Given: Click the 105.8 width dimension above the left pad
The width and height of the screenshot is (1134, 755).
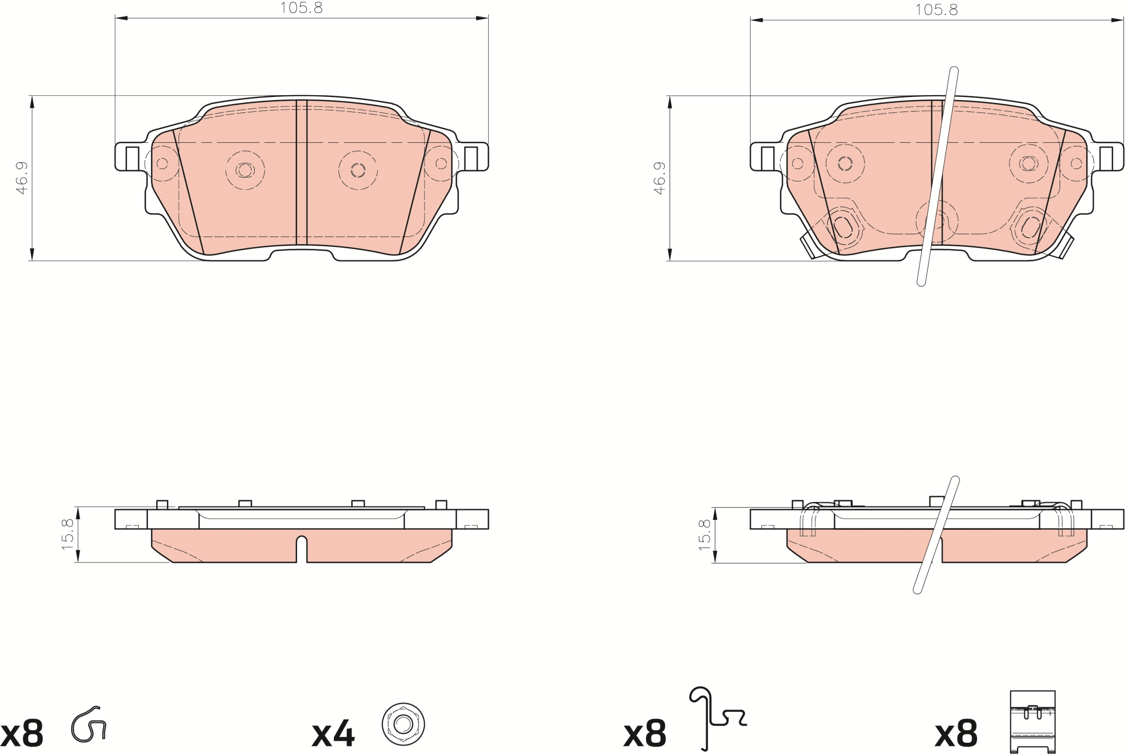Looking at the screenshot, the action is click(301, 8).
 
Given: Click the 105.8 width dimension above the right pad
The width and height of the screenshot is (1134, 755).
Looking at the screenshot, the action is click(936, 10).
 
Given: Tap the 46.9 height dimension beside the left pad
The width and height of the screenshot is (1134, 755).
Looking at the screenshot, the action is click(22, 178).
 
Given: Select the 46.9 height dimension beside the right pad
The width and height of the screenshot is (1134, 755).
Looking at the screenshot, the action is click(659, 178).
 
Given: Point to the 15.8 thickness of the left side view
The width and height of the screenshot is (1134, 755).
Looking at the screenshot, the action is click(68, 534).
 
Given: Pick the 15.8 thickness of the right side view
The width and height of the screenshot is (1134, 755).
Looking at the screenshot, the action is click(704, 535).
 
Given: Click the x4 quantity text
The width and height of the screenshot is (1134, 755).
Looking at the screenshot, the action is click(333, 734).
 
